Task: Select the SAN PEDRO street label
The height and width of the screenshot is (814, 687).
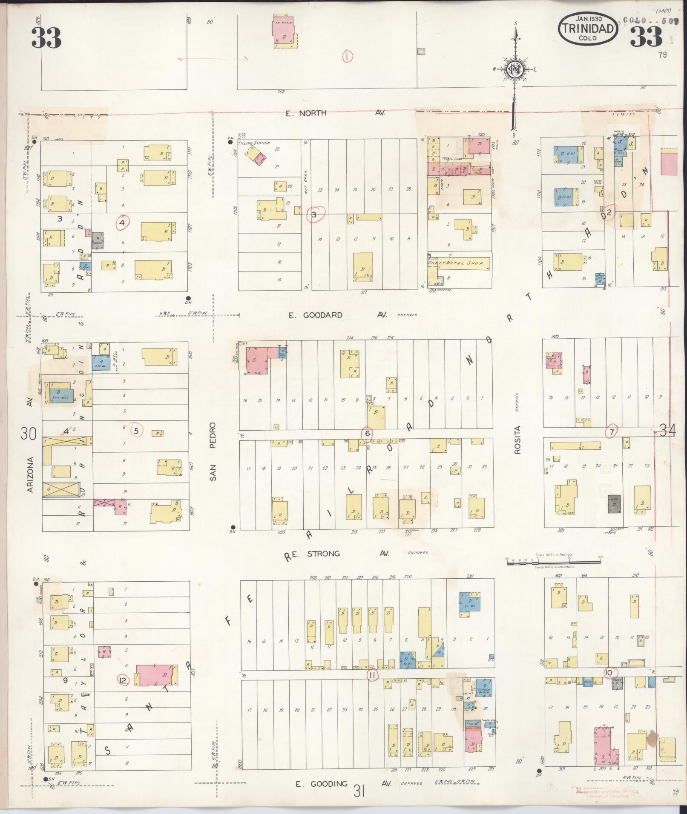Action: pos(213,451)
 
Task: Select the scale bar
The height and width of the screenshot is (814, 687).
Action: pos(553,563)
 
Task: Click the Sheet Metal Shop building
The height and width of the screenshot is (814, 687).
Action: pos(459,263)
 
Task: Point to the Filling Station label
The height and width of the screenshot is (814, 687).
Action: pos(255,143)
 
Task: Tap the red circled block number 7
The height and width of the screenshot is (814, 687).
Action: pos(612,431)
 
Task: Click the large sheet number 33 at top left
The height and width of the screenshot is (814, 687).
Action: pos(46,37)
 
